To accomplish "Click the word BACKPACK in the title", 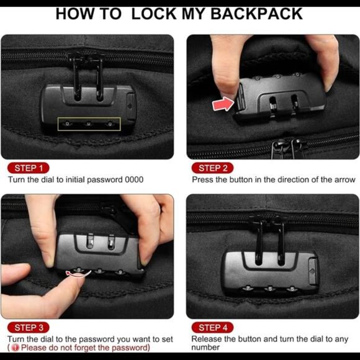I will [x=256, y=13].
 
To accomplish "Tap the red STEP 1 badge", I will [x=29, y=168].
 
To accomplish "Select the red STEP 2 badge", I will [x=214, y=168].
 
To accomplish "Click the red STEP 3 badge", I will [x=29, y=327].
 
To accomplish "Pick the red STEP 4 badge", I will [x=214, y=327].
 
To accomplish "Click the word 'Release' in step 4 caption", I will [x=207, y=339].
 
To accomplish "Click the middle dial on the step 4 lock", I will [x=271, y=288].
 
